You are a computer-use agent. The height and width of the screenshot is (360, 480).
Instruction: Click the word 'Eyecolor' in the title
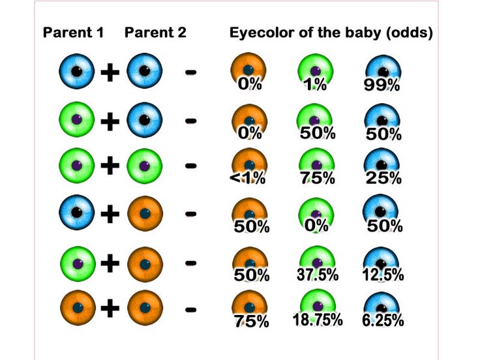(x=260, y=33)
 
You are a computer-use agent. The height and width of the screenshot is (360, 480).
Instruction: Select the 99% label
(x=383, y=85)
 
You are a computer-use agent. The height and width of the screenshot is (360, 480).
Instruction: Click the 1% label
(x=315, y=85)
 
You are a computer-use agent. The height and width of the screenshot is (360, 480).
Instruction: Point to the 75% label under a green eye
(x=317, y=178)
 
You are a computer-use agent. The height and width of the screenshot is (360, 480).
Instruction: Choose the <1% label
(x=248, y=178)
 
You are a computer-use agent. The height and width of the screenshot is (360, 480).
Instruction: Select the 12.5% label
(x=383, y=275)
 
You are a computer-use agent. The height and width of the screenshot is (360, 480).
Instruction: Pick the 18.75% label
(x=318, y=320)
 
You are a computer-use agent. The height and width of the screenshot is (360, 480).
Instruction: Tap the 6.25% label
(x=383, y=320)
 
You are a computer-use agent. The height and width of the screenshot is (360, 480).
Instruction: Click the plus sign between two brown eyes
(x=111, y=307)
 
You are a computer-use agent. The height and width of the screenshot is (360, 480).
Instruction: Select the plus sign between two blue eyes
(x=111, y=72)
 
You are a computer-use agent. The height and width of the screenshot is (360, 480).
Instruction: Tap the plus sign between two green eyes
(x=111, y=166)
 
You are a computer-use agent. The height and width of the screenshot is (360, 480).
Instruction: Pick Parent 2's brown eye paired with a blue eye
(x=145, y=213)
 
